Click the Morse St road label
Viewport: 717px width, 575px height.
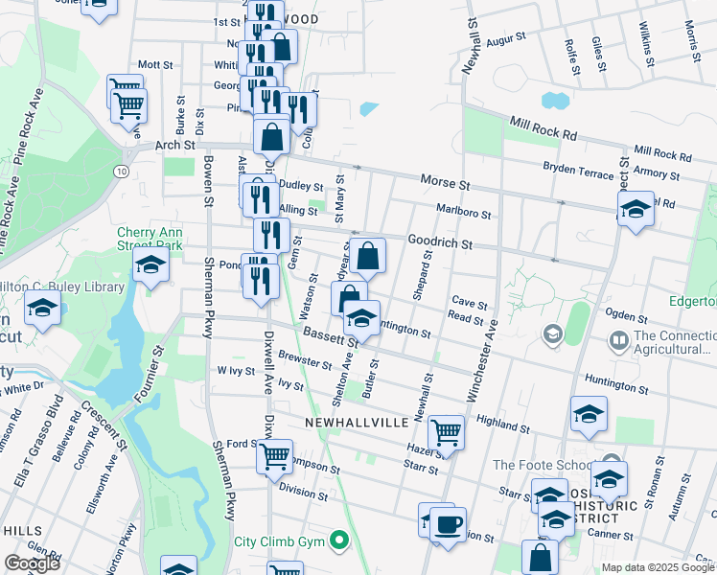pyautogui.click(x=445, y=181)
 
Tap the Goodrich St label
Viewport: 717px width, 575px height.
pyautogui.click(x=441, y=243)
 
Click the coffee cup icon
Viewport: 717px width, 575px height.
pyautogui.click(x=448, y=525)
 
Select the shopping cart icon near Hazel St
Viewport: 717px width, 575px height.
pyautogui.click(x=447, y=432)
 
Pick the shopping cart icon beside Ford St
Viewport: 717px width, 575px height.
pyautogui.click(x=274, y=455)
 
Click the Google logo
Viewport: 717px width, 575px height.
pyautogui.click(x=33, y=563)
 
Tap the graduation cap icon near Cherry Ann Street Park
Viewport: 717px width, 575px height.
pyautogui.click(x=150, y=267)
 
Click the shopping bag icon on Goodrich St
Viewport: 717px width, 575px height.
pyautogui.click(x=368, y=256)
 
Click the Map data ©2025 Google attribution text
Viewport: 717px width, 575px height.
pyautogui.click(x=658, y=567)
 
